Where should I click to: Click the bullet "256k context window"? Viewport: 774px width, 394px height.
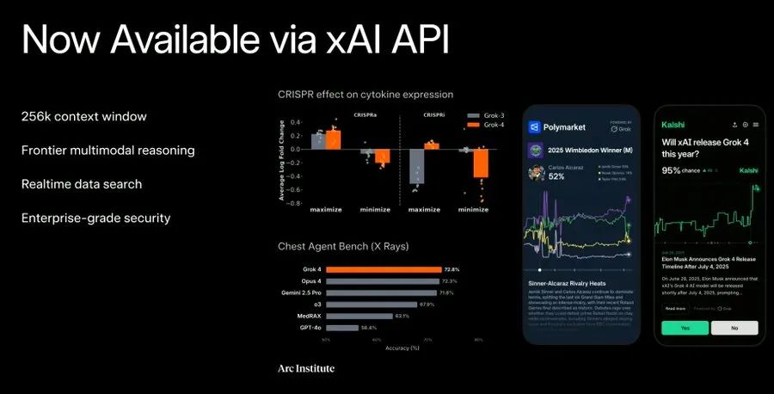click(83, 116)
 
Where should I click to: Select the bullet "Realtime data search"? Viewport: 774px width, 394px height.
click(82, 184)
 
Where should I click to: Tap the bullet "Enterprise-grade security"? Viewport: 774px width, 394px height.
click(95, 218)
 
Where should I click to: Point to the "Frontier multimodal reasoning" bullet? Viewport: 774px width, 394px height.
click(107, 151)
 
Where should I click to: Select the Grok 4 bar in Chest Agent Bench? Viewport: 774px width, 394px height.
click(384, 269)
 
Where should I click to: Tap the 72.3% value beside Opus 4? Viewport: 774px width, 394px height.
click(449, 281)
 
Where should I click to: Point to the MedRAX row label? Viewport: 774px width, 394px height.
click(310, 316)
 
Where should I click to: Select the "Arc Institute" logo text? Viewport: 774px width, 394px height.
click(306, 368)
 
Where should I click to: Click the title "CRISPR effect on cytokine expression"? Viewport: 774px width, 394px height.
click(365, 95)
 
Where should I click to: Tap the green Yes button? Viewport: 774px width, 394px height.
click(685, 328)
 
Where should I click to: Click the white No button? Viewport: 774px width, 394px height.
click(734, 328)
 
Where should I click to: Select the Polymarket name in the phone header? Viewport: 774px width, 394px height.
click(566, 127)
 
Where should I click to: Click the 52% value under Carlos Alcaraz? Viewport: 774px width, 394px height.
click(556, 176)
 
